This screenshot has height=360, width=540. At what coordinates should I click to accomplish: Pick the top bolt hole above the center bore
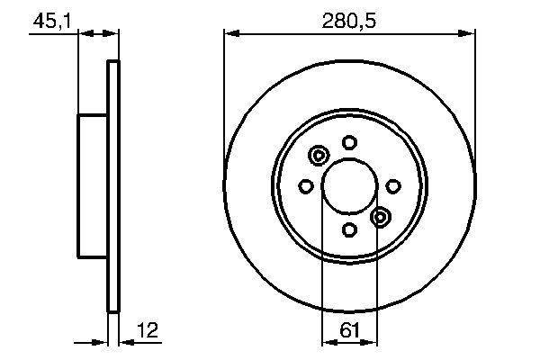(x=349, y=141)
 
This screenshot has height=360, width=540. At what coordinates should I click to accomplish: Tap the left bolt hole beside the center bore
(x=305, y=186)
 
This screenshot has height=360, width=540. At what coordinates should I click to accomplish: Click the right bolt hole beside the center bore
(x=393, y=185)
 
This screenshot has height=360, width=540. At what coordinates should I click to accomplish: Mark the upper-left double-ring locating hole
(x=318, y=157)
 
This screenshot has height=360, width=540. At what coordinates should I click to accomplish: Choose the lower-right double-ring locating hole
(x=380, y=216)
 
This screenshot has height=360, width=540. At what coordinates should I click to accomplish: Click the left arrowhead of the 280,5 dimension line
(x=229, y=34)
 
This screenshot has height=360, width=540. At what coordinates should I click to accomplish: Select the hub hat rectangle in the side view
(x=93, y=185)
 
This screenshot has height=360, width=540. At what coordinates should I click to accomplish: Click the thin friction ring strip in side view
(x=112, y=185)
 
